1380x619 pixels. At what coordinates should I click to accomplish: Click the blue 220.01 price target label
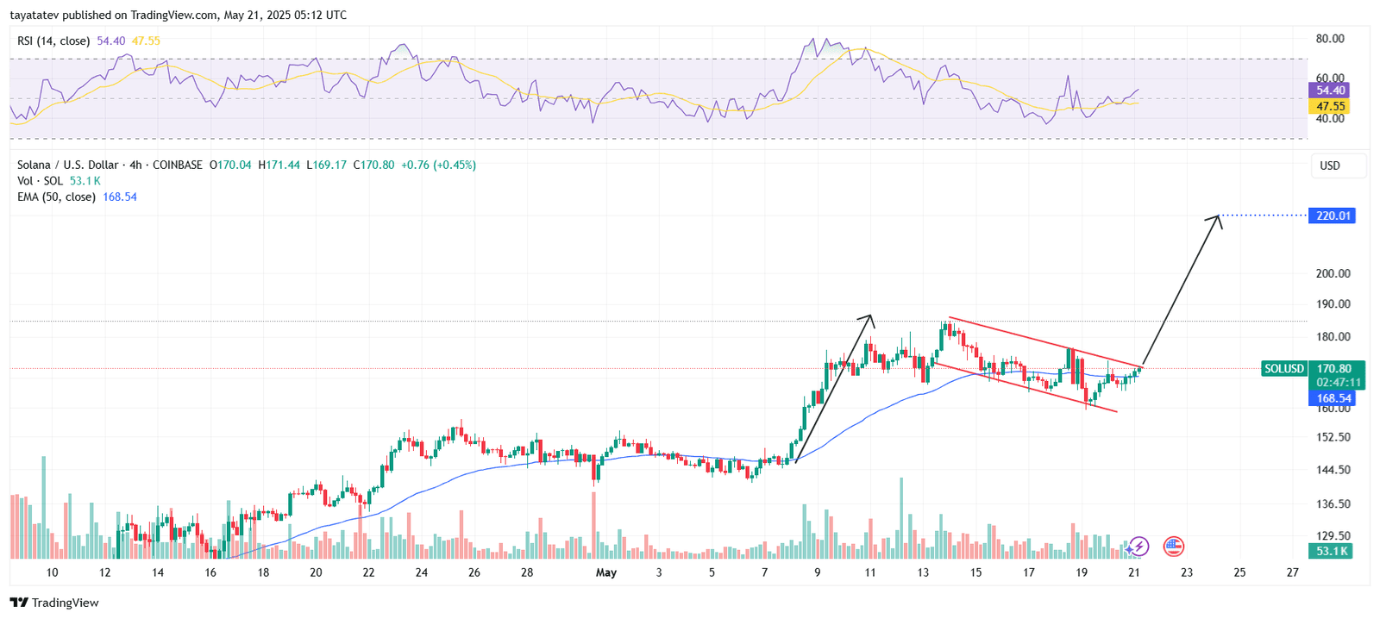click(1333, 216)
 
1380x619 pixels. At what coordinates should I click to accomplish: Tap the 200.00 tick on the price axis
click(1333, 273)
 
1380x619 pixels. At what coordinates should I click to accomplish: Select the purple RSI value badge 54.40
click(1329, 90)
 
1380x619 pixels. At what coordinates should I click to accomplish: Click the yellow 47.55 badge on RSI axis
click(1329, 106)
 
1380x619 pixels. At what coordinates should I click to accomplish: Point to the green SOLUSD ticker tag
click(1283, 368)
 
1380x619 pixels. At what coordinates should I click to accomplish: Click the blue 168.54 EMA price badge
click(1333, 398)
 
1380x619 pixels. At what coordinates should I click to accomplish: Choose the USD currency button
click(1329, 166)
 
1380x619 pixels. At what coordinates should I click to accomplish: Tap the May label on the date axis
click(606, 572)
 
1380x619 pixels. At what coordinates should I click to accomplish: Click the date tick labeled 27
click(1292, 572)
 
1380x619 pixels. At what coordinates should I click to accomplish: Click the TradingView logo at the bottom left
click(54, 603)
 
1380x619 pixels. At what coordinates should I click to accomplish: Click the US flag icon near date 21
click(1173, 546)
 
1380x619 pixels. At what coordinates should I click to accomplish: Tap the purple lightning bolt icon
click(1138, 546)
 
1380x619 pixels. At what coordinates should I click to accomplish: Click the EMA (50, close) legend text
click(56, 197)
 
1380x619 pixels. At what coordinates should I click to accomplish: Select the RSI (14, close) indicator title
click(53, 41)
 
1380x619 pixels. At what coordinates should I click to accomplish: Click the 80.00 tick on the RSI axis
click(1329, 39)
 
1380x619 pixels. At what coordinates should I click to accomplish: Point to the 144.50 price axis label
click(1333, 470)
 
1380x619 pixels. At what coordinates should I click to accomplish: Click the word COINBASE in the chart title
click(178, 165)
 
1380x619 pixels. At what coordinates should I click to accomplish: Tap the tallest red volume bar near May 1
click(593, 526)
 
